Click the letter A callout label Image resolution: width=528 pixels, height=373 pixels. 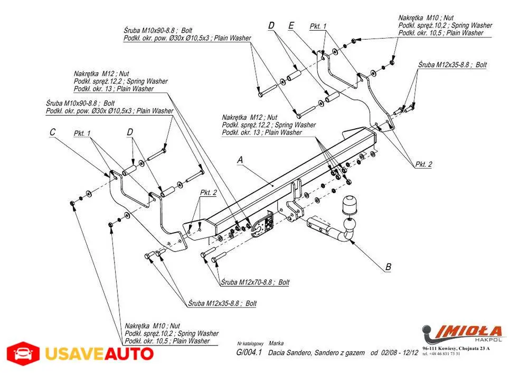pos(240,159)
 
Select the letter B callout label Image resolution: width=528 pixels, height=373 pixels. pos(388,267)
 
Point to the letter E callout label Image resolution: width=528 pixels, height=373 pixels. pos(291,25)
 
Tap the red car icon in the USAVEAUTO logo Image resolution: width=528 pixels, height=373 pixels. pos(23,353)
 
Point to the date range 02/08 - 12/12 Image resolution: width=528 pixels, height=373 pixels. pos(394,353)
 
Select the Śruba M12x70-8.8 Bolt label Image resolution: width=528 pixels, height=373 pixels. pos(255,282)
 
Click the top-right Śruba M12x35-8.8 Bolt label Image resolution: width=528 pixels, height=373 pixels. pos(452,65)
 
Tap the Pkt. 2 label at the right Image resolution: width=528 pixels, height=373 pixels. pos(423,165)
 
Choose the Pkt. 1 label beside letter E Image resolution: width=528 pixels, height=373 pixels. pos(318,26)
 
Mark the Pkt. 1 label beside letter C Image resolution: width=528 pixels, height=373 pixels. pos(82,133)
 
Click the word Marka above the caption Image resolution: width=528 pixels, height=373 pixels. pos(276,343)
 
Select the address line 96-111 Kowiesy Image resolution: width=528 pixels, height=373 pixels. pos(456,348)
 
